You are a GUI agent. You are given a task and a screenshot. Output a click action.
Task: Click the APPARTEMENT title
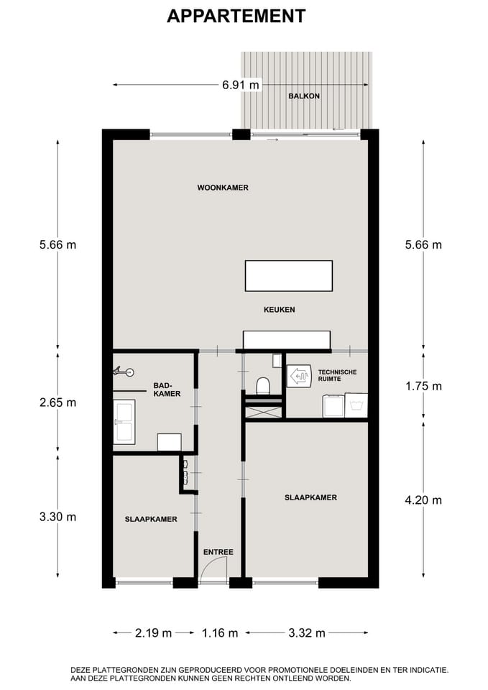coord(236,17)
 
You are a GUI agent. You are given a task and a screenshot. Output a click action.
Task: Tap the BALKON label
coord(304,96)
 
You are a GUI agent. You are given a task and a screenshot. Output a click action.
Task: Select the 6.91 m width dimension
coord(240,85)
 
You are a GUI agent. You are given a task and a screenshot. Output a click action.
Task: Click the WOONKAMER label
coord(223,188)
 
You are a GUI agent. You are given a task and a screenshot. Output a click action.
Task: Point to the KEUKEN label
coord(280,310)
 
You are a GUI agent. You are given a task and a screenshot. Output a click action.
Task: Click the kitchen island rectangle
coord(289,276)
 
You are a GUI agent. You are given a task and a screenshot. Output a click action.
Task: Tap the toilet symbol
coord(263,385)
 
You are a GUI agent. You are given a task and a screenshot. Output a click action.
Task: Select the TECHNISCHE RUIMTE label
coord(337,375)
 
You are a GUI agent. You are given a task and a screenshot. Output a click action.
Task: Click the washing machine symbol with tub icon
coord(356,405)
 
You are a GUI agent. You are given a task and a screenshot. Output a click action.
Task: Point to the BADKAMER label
coord(167,390)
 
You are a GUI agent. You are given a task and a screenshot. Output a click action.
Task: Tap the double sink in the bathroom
coord(124,422)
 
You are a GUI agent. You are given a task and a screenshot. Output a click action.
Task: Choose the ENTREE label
coord(218,552)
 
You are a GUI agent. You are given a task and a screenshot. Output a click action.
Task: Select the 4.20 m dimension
coord(423,500)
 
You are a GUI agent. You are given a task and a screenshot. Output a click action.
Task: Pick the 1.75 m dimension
coord(423,387)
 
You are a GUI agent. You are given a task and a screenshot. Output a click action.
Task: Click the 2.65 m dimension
coord(57,402)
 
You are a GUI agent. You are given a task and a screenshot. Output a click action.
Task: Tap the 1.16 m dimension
coord(220,633)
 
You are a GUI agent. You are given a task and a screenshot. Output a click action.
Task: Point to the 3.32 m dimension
coord(307,633)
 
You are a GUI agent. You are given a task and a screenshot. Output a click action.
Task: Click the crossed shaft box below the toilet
coord(264,413)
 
